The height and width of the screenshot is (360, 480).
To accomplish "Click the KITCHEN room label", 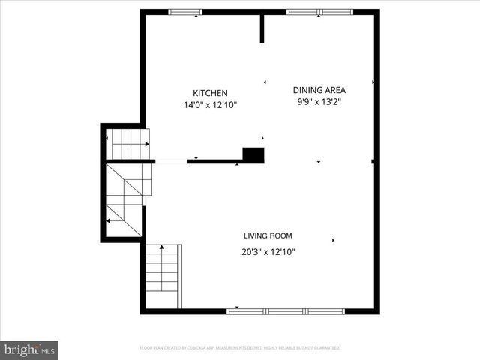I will pyautogui.click(x=210, y=93).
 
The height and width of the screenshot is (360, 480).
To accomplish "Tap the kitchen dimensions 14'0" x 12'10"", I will pyautogui.click(x=210, y=106).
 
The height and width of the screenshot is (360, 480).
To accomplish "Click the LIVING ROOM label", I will pyautogui.click(x=268, y=235).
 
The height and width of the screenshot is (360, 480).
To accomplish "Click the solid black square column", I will pyautogui.click(x=253, y=155).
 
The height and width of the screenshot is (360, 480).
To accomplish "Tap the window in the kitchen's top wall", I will pyautogui.click(x=185, y=11).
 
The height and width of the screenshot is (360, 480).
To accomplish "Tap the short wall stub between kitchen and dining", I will pyautogui.click(x=262, y=28).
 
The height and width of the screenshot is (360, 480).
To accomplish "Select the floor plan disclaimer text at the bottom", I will pyautogui.click(x=240, y=348).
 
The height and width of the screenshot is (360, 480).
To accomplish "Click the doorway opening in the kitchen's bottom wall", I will pyautogui.click(x=171, y=161).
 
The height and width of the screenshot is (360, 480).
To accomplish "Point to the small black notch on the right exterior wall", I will pyautogui.click(x=373, y=161).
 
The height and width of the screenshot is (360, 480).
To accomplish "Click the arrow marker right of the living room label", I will pyautogui.click(x=333, y=240).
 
